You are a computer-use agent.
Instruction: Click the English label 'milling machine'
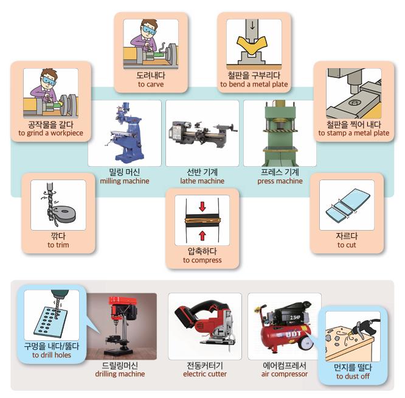tap(125, 181)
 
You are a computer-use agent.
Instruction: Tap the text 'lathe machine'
tap(202, 181)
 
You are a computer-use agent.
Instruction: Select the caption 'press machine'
tap(280, 181)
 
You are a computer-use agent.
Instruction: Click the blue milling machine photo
tap(125, 133)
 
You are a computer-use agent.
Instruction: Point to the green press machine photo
tap(280, 133)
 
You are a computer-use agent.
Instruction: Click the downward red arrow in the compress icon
tap(202, 206)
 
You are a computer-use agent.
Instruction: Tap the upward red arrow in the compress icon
tap(202, 236)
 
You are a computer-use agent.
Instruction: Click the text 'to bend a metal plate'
tap(254, 84)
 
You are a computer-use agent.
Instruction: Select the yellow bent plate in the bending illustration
tap(252, 46)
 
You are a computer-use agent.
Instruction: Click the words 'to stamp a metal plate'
tap(353, 133)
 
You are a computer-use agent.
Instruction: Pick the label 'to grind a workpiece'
tap(50, 133)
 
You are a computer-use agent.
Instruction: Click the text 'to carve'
tap(151, 84)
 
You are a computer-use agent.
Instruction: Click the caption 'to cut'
tap(347, 245)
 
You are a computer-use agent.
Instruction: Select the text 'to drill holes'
tap(52, 355)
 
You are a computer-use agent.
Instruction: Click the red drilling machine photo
tap(122, 326)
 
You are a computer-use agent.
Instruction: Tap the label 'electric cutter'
tap(205, 374)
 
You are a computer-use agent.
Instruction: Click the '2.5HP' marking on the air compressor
tap(295, 318)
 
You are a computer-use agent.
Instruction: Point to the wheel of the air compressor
tap(306, 343)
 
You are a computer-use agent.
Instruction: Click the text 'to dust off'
tap(353, 376)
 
